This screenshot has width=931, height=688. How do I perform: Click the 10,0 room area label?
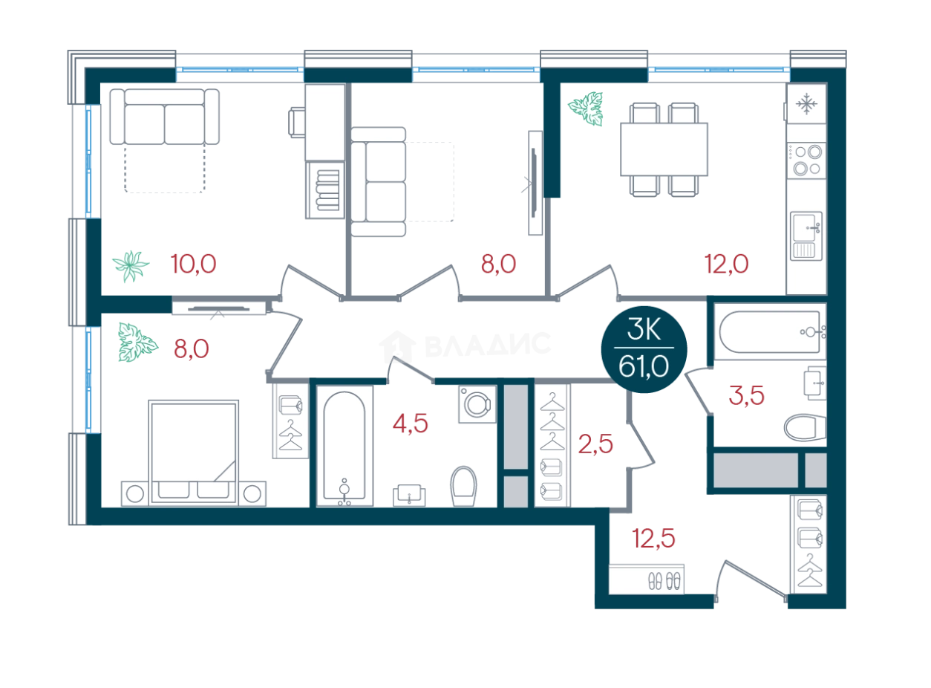point(194,263)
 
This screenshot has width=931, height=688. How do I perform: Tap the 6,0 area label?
point(498,263)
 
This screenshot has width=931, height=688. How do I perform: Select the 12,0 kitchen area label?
point(726,263)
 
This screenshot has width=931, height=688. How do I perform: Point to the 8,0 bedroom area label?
point(189,348)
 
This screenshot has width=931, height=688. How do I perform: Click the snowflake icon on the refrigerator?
point(806,106)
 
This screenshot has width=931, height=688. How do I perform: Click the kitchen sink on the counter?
point(806,234)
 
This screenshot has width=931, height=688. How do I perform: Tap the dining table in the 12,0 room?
point(664,149)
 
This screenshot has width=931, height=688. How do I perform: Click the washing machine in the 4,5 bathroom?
point(477,404)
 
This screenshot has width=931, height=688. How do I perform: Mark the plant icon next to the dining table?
point(587,108)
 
